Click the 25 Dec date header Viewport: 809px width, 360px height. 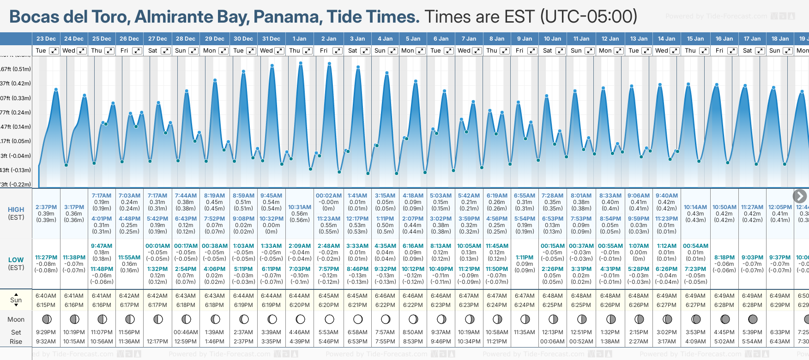[102, 39]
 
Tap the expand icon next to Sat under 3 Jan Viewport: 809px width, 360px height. [365, 51]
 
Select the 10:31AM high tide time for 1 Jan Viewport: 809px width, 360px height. [300, 207]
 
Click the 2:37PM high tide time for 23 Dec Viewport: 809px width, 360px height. [46, 207]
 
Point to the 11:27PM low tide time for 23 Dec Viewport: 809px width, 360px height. [46, 258]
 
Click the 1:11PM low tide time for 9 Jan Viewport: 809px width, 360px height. [525, 258]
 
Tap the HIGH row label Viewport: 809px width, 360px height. [16, 210]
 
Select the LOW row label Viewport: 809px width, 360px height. [16, 260]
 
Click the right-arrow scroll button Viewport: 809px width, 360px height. [800, 196]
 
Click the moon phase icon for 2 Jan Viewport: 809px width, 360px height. [329, 319]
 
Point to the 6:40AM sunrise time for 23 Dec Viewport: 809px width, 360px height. [46, 296]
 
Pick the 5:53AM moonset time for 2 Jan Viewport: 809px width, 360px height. [329, 332]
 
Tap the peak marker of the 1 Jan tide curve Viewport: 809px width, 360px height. [301, 63]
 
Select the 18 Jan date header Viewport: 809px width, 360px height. [780, 39]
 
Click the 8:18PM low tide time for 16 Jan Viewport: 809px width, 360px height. [724, 258]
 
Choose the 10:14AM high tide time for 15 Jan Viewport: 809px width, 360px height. [695, 207]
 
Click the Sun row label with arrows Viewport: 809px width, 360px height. [16, 300]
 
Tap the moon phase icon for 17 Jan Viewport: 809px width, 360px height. [753, 319]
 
